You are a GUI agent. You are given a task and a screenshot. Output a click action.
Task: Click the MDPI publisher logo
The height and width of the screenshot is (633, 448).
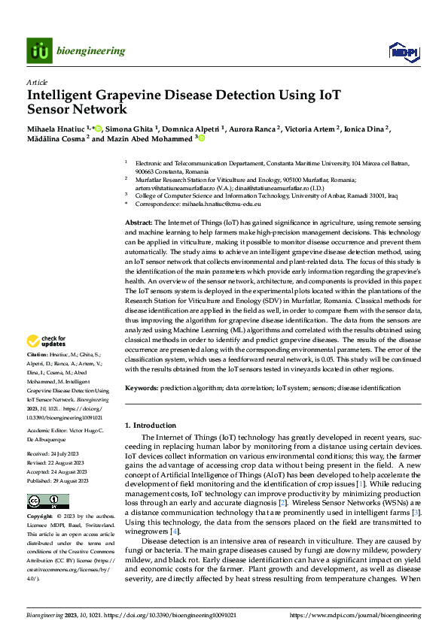[401, 51]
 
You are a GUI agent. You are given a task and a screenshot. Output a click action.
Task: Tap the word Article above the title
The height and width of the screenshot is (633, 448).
[37, 81]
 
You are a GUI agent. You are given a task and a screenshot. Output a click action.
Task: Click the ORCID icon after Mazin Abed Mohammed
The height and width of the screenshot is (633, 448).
[202, 138]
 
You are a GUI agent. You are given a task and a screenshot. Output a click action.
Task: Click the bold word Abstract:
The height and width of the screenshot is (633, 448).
[139, 223]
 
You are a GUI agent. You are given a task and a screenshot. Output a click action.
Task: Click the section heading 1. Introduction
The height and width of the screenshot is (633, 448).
[151, 426]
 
